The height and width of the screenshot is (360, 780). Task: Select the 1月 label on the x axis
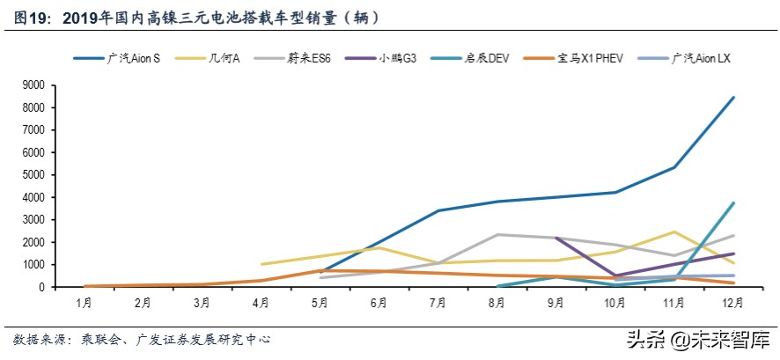coord(85,303)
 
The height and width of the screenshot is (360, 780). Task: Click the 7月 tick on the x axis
coord(438,303)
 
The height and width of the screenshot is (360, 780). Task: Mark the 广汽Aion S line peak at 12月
coord(733,97)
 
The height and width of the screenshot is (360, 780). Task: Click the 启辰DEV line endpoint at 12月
coord(733,202)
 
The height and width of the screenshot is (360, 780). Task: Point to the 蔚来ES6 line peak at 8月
coord(497,234)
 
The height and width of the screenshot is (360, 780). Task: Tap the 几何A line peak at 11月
coord(674,231)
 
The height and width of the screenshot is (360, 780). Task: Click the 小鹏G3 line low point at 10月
coord(615,276)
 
